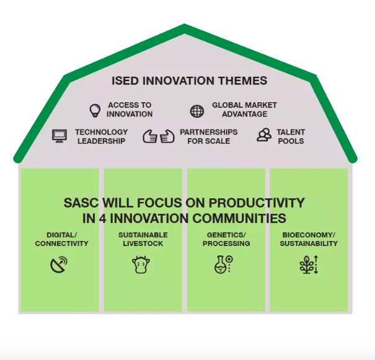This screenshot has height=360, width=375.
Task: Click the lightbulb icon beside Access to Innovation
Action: click(95, 110)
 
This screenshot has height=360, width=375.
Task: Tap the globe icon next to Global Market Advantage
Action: click(197, 111)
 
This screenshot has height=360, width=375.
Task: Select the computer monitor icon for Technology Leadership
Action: click(60, 136)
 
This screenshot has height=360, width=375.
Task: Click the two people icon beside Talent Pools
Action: click(264, 135)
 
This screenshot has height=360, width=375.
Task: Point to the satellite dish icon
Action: click(59, 265)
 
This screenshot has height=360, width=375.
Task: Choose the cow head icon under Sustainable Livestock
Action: click(141, 265)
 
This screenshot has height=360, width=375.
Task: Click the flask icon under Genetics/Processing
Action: click(224, 265)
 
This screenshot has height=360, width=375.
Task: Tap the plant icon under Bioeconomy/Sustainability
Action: click(309, 265)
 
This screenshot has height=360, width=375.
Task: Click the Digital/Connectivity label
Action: click(62, 239)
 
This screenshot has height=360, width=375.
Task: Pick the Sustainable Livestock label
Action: click(143, 239)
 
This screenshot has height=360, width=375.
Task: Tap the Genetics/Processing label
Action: click(226, 239)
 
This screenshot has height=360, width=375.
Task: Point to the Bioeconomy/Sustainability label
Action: click(309, 239)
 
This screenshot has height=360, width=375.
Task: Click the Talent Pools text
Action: click(291, 136)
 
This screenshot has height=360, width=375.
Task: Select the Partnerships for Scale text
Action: click(209, 136)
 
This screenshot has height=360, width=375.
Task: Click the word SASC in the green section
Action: click(81, 203)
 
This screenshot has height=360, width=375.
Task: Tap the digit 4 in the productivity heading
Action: click(102, 219)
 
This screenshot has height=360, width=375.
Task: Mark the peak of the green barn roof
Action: click(184, 24)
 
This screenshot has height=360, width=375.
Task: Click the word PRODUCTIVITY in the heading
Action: click(257, 203)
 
